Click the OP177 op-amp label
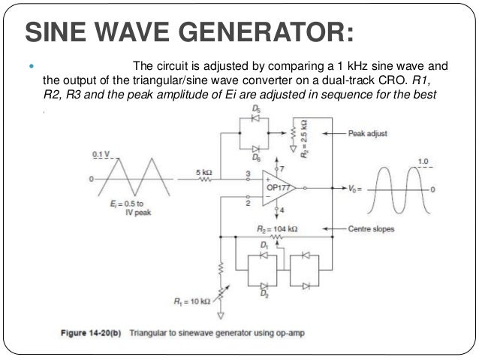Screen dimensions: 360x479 point(279,187)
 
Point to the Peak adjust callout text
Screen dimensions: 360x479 point(367,133)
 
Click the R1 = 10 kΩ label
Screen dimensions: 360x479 point(191,301)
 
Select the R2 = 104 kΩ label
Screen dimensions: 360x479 point(276,228)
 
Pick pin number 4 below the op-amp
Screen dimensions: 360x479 point(283,211)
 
